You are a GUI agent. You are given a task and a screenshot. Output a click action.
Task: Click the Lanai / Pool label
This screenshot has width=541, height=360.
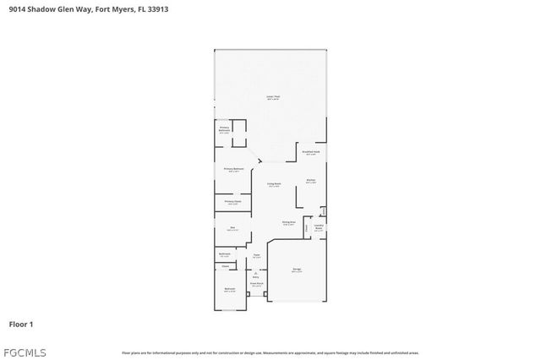[273, 98]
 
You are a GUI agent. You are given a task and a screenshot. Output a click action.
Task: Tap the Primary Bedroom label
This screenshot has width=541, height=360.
[234, 170]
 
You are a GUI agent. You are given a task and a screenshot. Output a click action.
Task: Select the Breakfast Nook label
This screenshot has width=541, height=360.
[310, 152]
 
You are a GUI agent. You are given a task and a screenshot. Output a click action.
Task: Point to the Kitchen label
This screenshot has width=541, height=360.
[310, 181]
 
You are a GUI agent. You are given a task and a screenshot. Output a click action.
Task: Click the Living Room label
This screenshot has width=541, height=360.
[274, 184]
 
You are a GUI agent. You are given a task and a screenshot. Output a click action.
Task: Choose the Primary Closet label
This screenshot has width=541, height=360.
[232, 202]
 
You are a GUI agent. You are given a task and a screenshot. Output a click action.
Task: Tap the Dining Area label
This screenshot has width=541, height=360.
[288, 223]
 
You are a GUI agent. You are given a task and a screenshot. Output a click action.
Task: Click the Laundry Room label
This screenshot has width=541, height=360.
[319, 226]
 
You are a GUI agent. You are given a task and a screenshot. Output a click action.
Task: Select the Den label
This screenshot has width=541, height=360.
[232, 228]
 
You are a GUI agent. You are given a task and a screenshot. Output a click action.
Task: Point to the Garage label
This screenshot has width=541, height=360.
[297, 270]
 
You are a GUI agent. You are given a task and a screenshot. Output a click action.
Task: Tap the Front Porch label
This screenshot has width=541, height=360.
[256, 285]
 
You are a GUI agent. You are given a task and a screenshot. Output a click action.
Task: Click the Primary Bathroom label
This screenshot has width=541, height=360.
[224, 131]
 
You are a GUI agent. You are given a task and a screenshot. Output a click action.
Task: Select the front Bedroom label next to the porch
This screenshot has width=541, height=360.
[229, 290]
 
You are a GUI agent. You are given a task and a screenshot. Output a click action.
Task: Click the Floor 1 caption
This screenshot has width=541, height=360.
[20, 324]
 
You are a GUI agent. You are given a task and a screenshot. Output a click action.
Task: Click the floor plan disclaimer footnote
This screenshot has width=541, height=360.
[270, 352]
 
